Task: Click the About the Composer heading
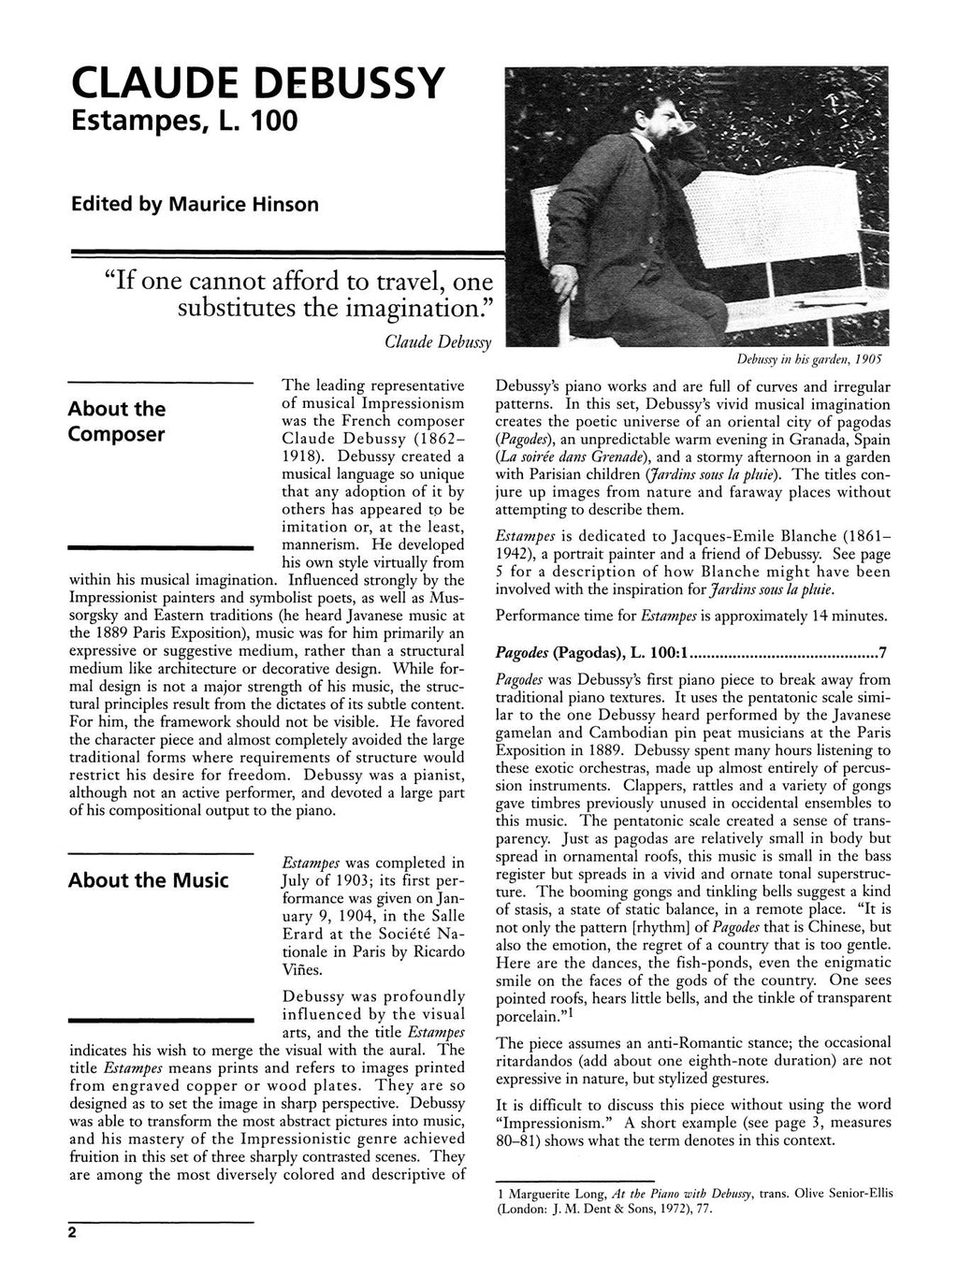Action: click(118, 422)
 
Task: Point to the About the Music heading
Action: click(149, 880)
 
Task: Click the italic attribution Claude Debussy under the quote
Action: click(443, 342)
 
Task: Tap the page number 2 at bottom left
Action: click(71, 1232)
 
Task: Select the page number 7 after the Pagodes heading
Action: click(884, 651)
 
